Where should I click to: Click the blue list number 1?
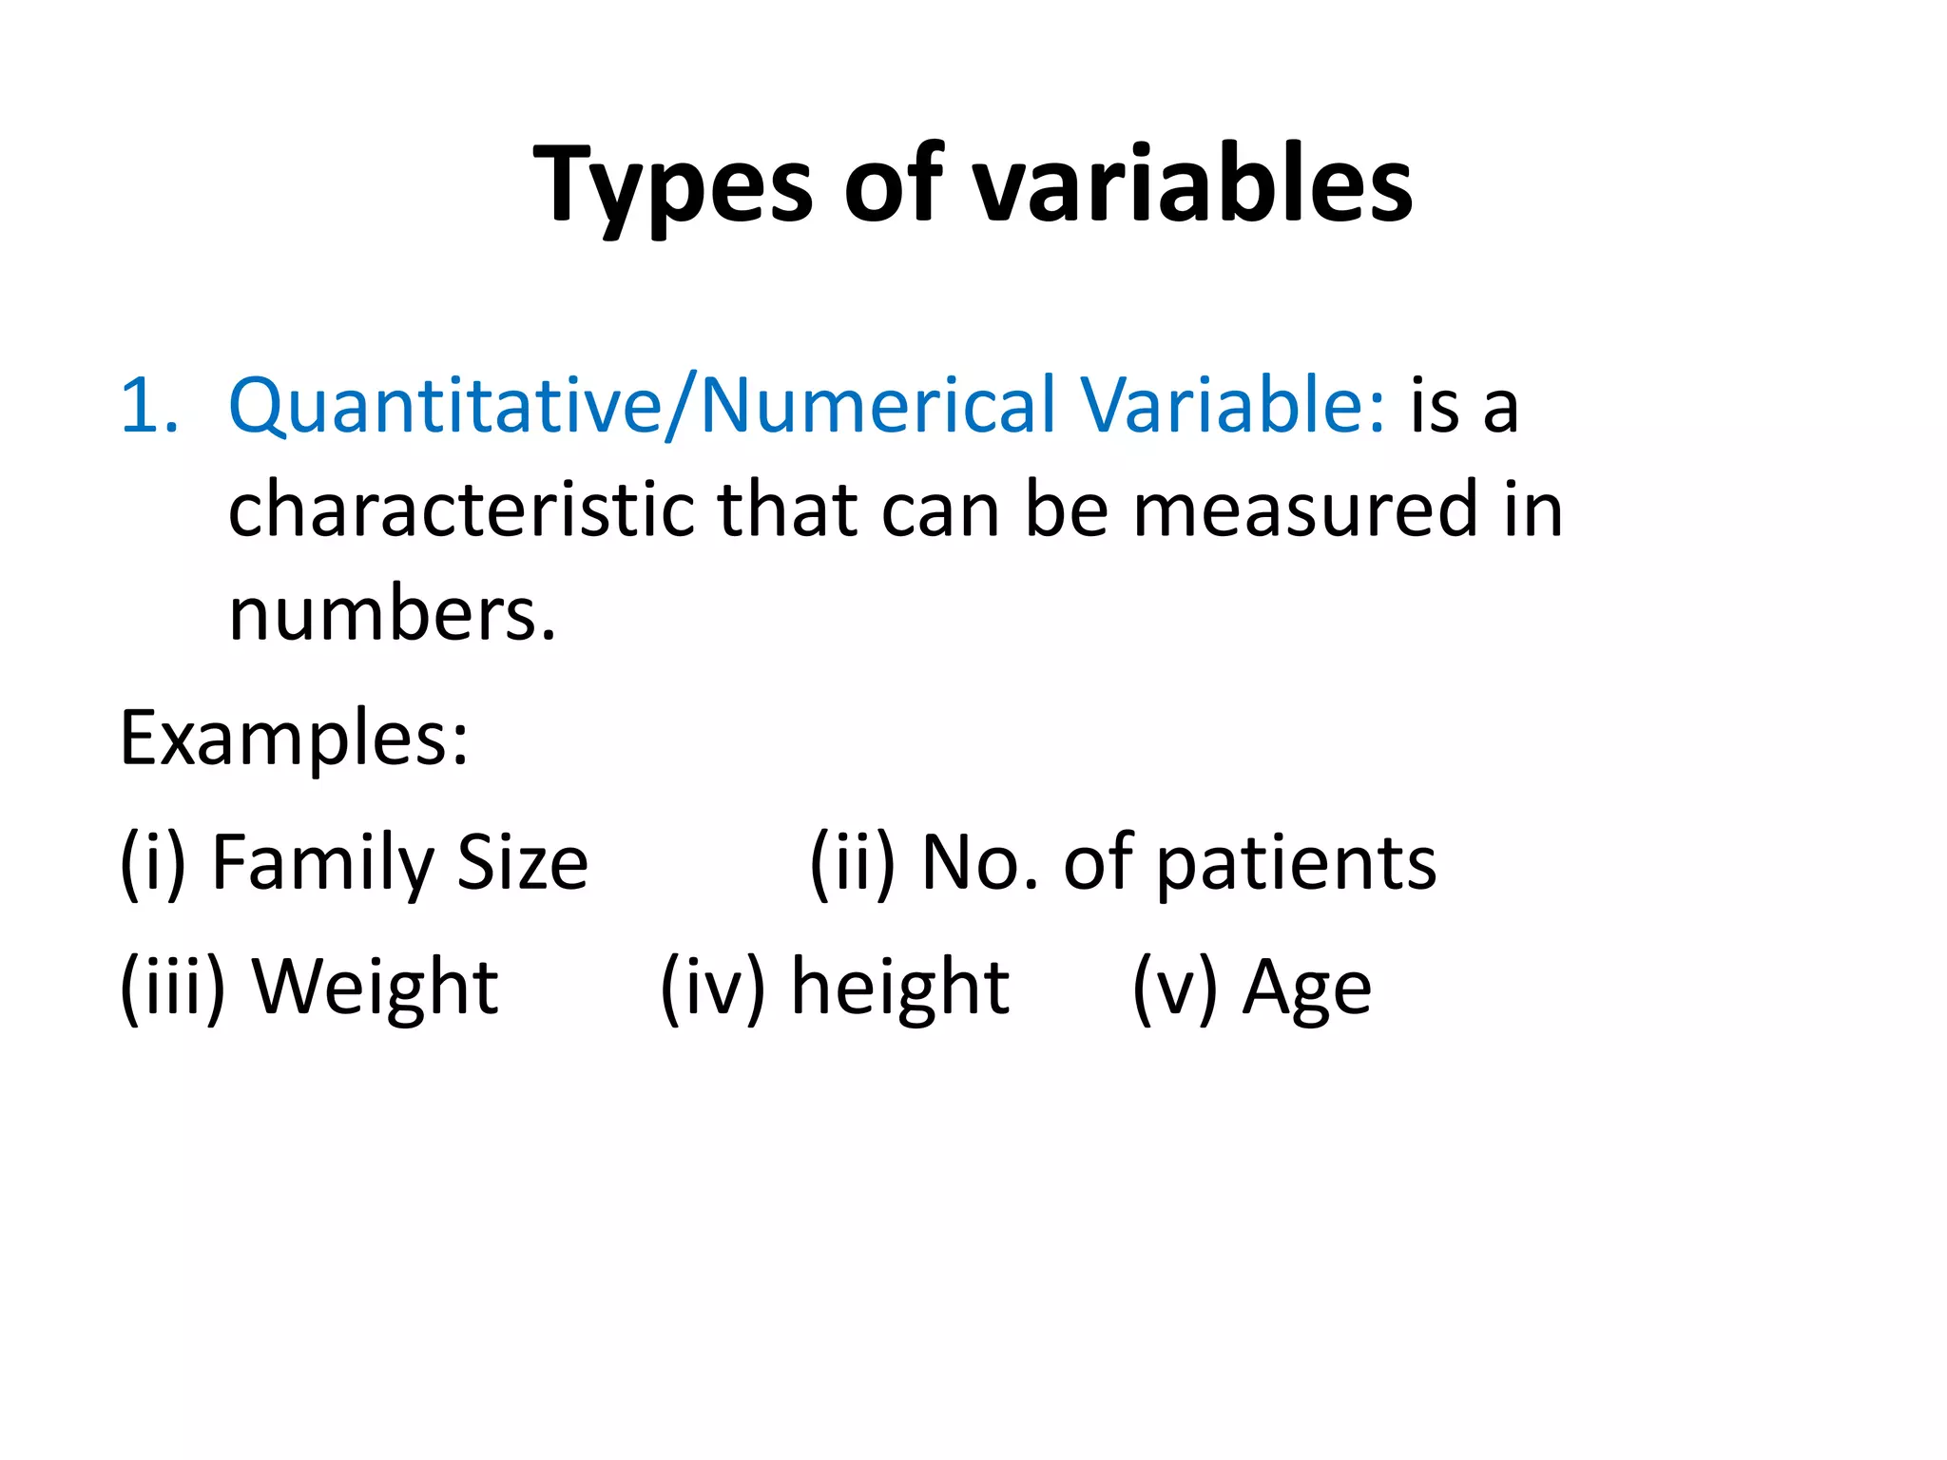(148, 406)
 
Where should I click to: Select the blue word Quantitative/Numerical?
(643, 406)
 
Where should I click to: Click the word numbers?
(392, 614)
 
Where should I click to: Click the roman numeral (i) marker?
(152, 863)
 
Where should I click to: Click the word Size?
(522, 863)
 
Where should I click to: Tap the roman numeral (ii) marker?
(852, 863)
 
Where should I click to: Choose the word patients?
(1297, 863)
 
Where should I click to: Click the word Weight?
(376, 988)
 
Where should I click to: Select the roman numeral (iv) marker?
(713, 988)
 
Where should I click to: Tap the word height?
(900, 988)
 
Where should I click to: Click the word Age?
(1307, 989)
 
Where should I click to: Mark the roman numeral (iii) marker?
(172, 988)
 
